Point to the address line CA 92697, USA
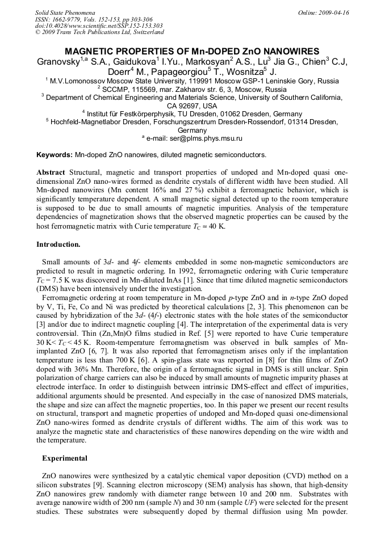tap(192, 106)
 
